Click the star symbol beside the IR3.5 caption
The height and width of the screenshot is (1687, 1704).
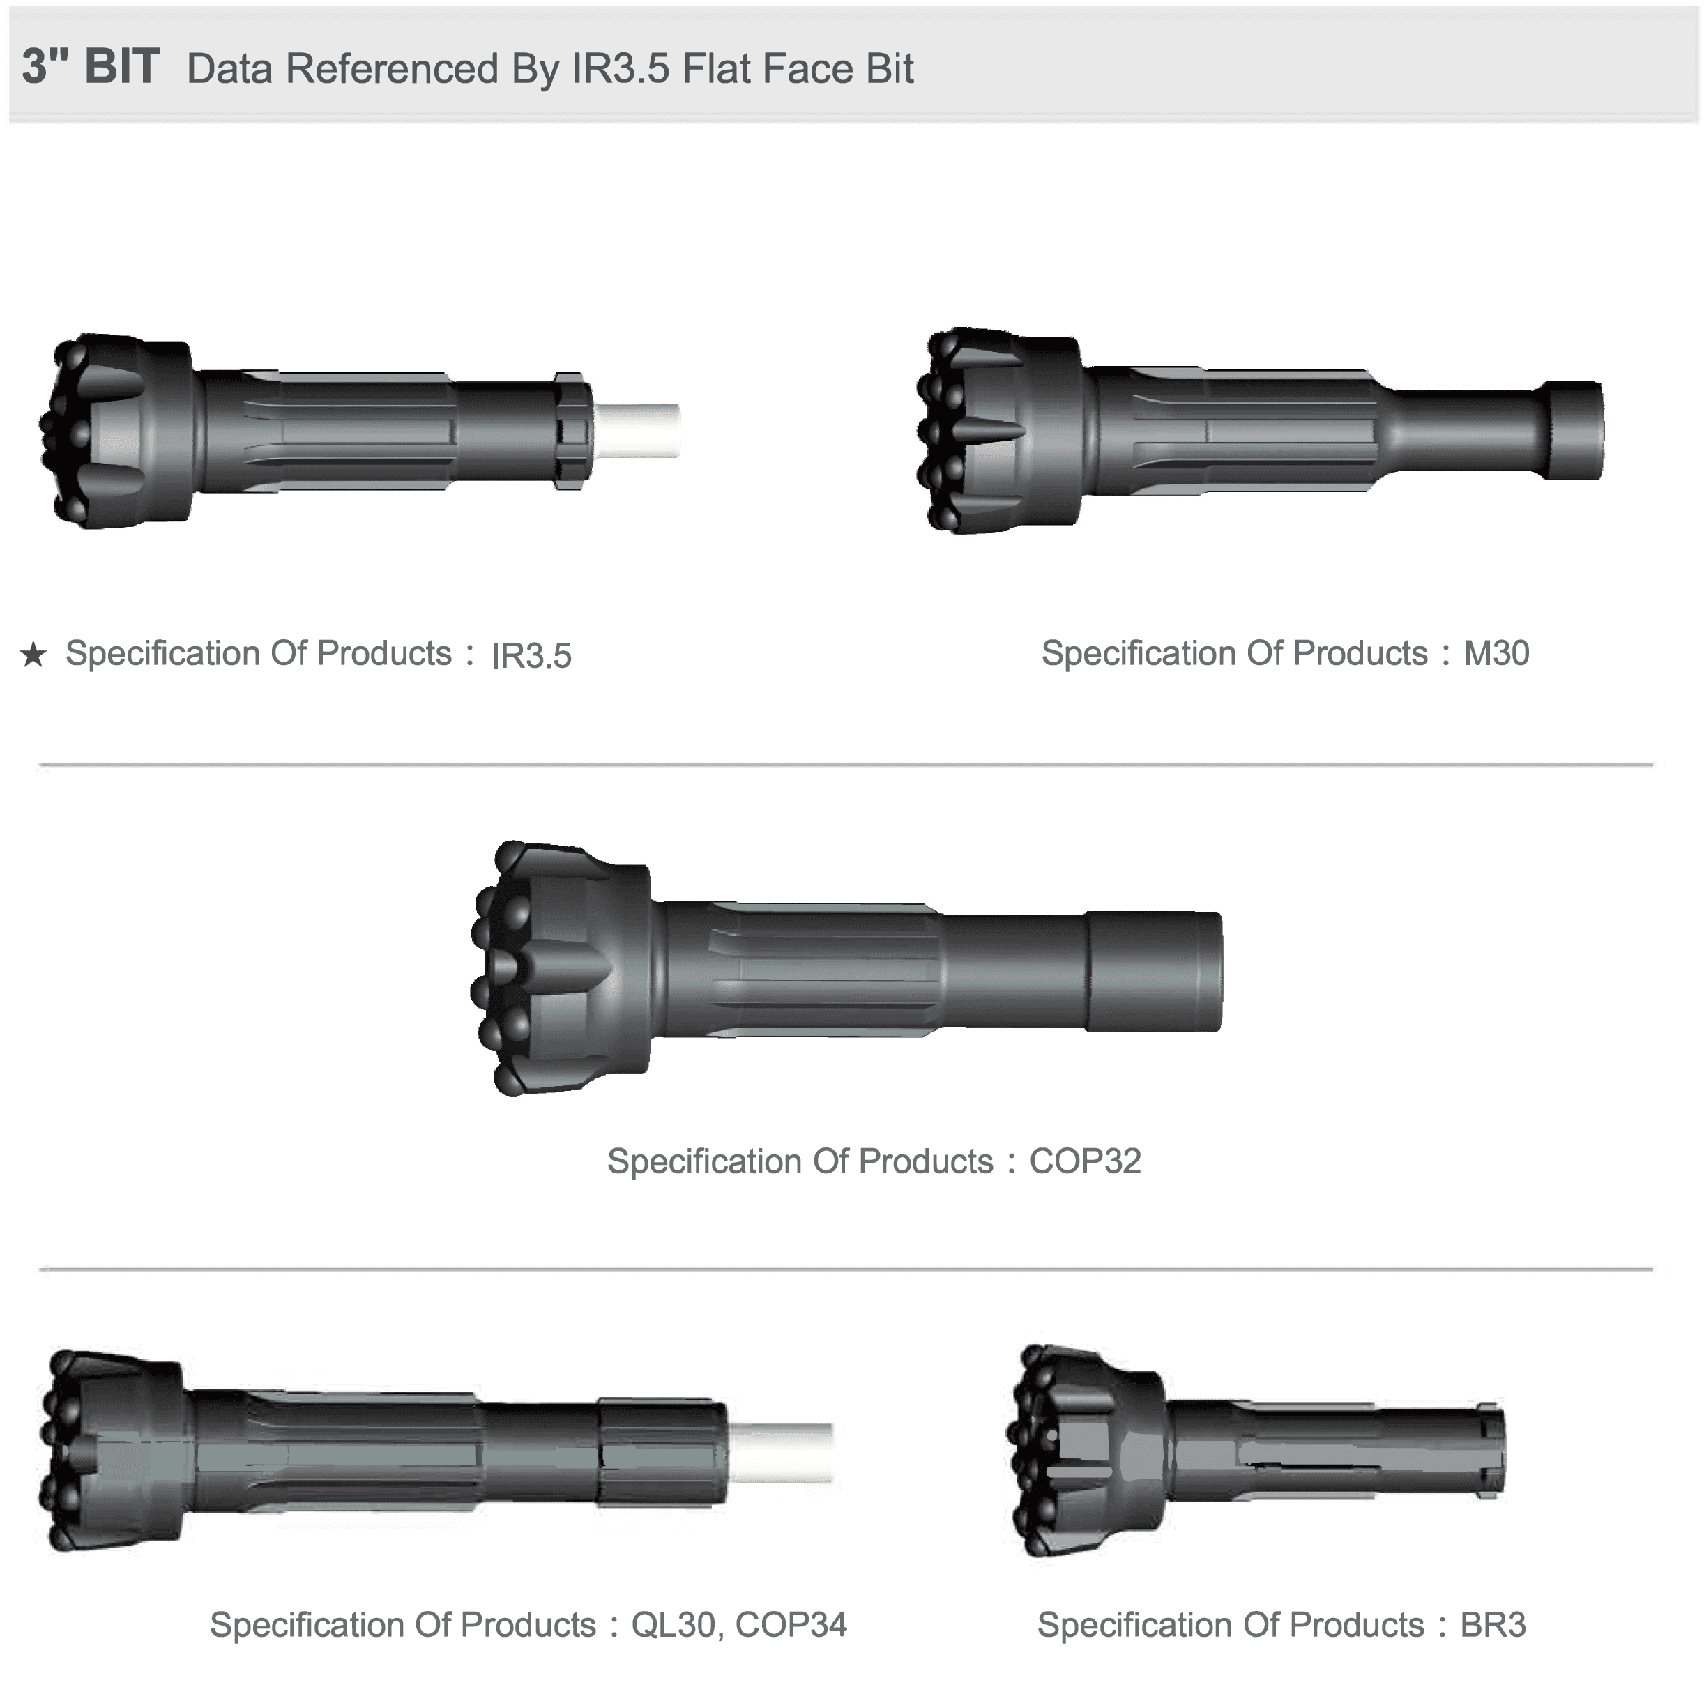pos(33,655)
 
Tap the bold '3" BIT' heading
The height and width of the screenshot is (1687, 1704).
pos(91,67)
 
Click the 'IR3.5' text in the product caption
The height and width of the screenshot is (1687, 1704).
pos(531,656)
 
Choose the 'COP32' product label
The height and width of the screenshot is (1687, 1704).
pos(1085,1161)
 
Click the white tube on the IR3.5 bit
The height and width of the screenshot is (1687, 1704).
pos(636,430)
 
